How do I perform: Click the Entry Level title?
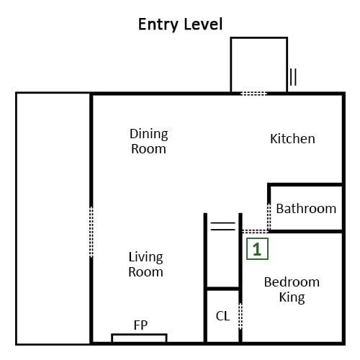click(x=181, y=24)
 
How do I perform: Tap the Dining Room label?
click(x=149, y=141)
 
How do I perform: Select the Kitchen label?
click(x=292, y=139)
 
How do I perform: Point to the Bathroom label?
click(x=306, y=208)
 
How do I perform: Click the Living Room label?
click(x=146, y=264)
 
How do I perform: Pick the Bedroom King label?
click(x=292, y=289)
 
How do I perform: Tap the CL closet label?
click(x=223, y=316)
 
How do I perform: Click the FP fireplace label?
click(x=140, y=325)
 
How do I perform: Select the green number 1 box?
click(x=257, y=249)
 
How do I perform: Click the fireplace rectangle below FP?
click(x=139, y=338)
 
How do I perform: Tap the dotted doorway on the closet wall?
click(x=240, y=316)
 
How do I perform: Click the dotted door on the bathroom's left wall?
click(x=269, y=217)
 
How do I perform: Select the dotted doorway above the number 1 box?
click(x=255, y=231)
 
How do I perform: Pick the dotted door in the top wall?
click(x=254, y=94)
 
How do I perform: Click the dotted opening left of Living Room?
click(x=91, y=232)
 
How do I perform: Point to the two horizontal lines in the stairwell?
click(x=223, y=226)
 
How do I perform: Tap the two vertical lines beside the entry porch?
click(x=293, y=77)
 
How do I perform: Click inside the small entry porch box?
click(x=259, y=65)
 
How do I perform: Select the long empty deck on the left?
click(x=53, y=219)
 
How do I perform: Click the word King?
click(x=292, y=297)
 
